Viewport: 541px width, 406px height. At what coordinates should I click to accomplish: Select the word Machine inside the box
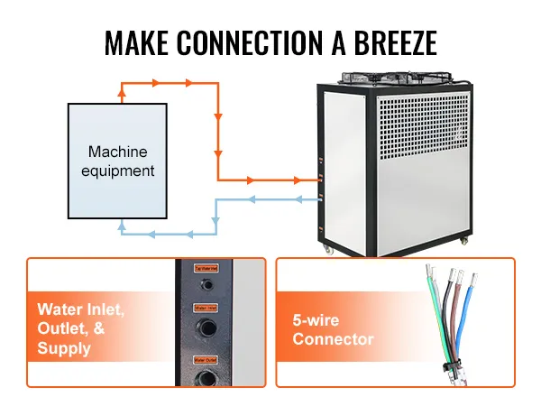[x=117, y=152]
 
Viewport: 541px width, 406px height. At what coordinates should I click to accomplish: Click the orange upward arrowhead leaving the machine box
[x=124, y=90]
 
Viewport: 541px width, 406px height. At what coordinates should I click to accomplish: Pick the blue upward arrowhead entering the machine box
[x=124, y=230]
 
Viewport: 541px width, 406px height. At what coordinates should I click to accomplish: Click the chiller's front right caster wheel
[x=465, y=240]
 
